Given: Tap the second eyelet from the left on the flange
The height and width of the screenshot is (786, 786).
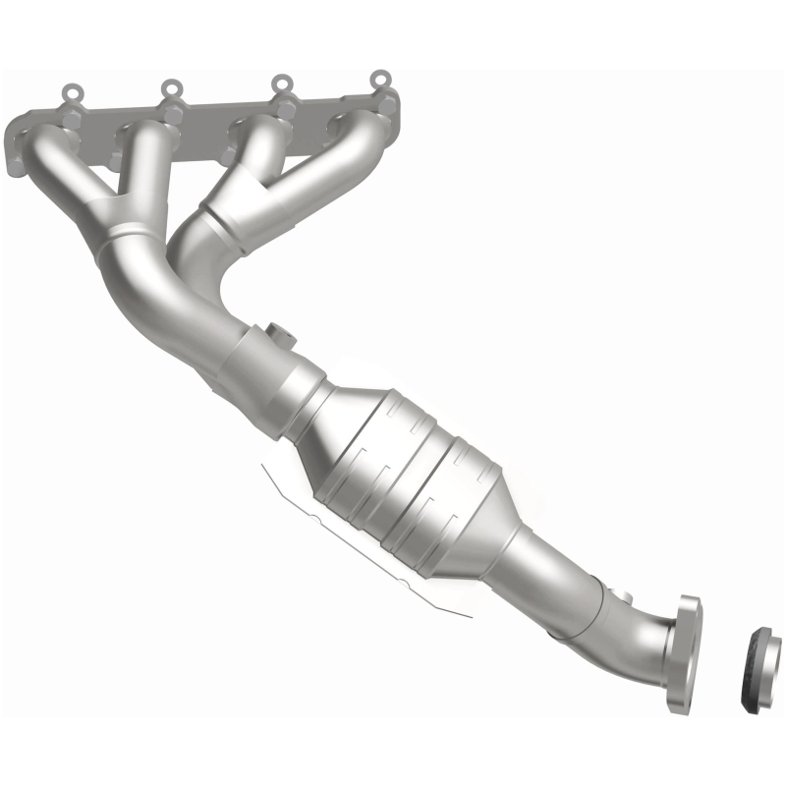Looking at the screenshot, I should [171, 89].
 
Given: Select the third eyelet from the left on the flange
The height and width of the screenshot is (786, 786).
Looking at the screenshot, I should [282, 84].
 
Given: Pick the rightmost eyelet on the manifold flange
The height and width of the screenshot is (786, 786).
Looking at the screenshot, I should [379, 78].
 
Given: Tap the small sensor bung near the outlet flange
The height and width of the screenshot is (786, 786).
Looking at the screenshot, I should [621, 595].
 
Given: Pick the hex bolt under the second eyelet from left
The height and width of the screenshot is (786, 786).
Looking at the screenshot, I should [174, 114].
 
